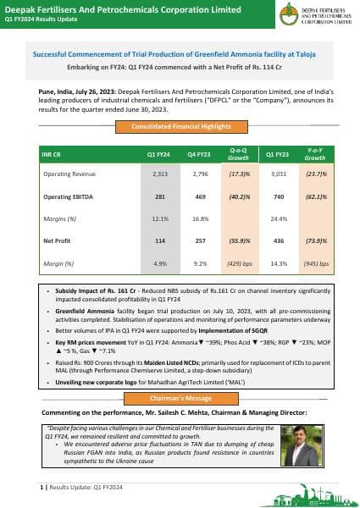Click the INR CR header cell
pos(52,156)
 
